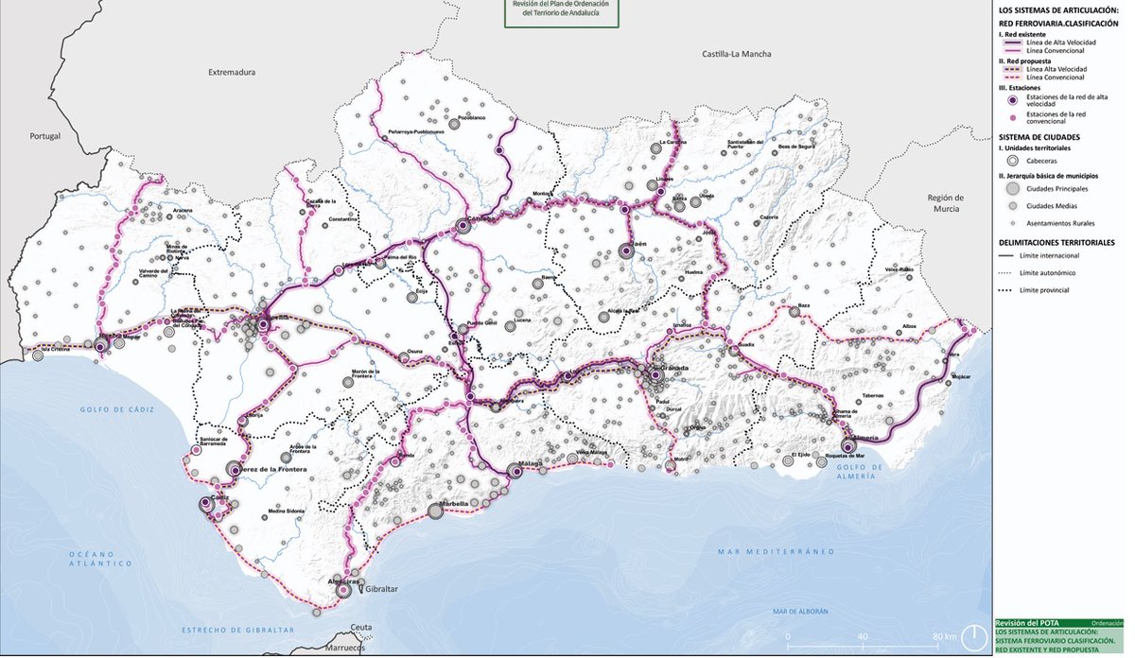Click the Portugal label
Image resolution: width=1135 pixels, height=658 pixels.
click(x=44, y=136)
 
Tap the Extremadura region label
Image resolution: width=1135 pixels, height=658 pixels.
click(x=233, y=72)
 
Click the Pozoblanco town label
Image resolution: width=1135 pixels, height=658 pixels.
click(x=471, y=118)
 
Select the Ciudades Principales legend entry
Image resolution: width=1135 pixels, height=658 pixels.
click(x=1057, y=189)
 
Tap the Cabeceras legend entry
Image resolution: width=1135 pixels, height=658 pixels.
click(x=1042, y=161)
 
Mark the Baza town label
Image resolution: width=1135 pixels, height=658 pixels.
click(x=805, y=306)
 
